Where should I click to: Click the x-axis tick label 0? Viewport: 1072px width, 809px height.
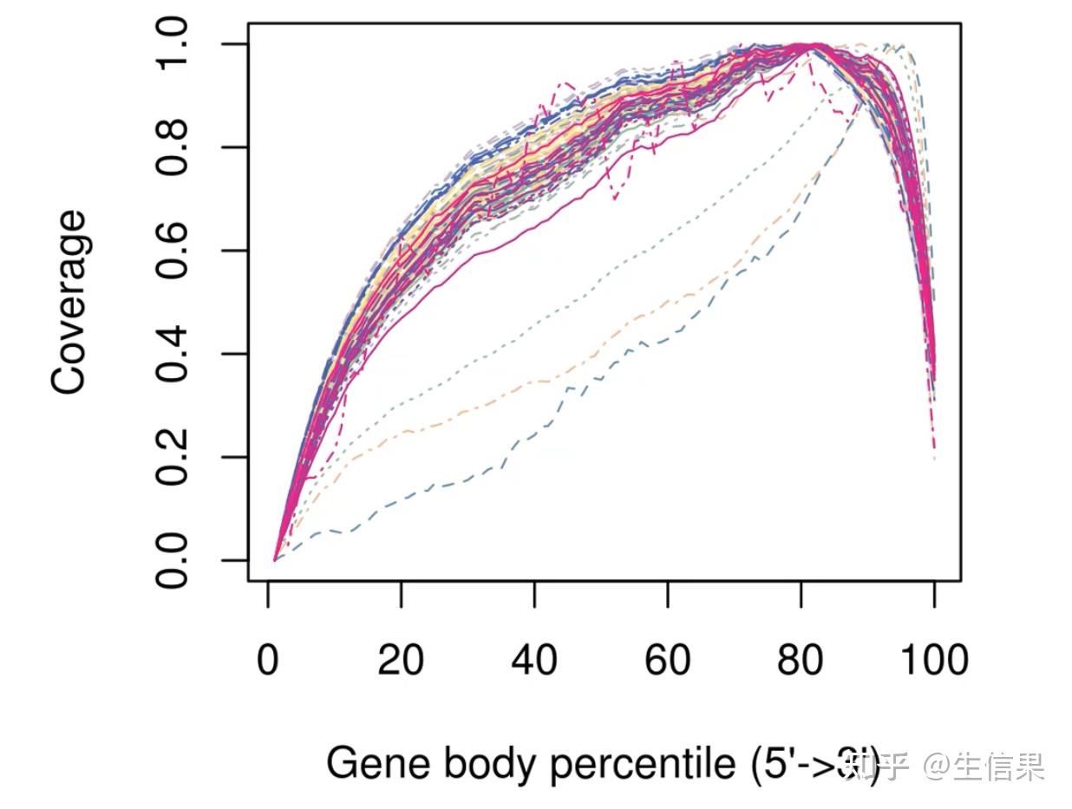[268, 661]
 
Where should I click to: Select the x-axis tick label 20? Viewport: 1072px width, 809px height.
[401, 661]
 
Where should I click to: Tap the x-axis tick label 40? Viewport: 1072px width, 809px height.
[534, 661]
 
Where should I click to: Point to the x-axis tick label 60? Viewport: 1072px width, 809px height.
[668, 661]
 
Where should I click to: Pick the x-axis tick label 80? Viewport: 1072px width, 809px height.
[801, 661]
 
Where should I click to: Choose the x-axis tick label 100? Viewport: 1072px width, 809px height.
[933, 661]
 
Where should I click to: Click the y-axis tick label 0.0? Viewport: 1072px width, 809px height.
[173, 560]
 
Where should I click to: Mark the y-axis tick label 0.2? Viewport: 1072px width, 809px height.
[173, 457]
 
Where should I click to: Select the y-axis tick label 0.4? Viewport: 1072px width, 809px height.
[173, 354]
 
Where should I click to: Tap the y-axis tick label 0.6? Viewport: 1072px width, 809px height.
[173, 251]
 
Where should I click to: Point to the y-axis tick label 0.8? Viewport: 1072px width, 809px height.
[173, 147]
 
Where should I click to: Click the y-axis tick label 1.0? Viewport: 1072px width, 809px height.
[173, 44]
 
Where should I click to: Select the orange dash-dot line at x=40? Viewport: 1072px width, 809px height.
[535, 380]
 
